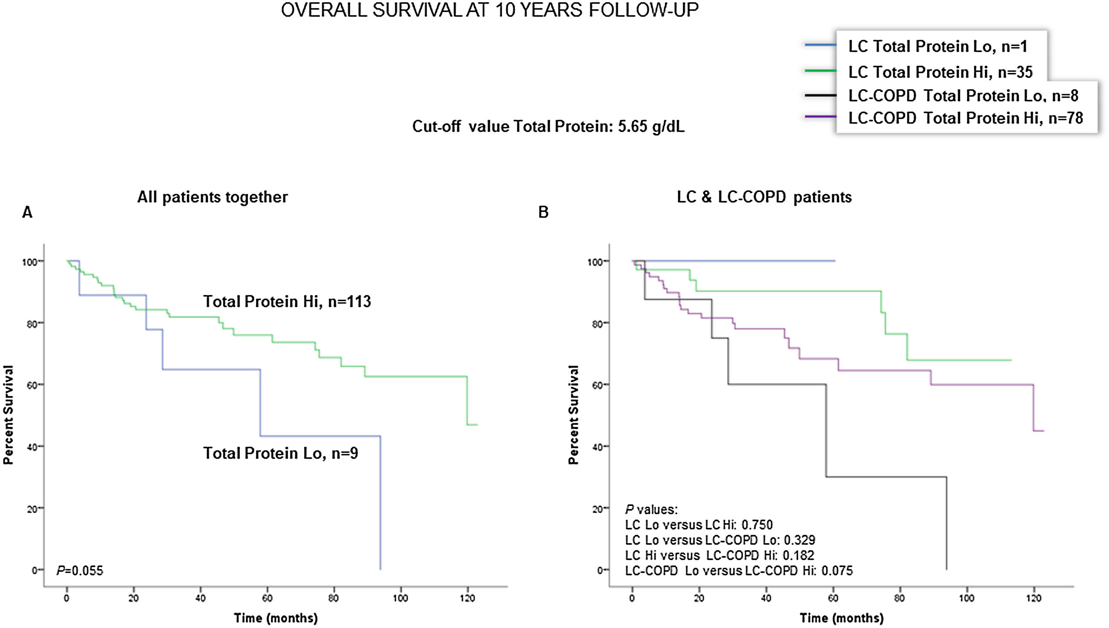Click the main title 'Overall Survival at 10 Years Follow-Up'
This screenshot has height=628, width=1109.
coord(489,10)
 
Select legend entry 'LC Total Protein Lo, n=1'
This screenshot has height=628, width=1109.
coord(937,46)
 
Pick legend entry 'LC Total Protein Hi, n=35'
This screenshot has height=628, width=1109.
coord(940,72)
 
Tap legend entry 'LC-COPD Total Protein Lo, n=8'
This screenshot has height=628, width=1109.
coord(963,96)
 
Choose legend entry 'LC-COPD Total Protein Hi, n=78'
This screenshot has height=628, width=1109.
coord(965,118)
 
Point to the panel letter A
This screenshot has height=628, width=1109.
coord(27,213)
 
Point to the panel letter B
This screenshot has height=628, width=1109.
coord(543,213)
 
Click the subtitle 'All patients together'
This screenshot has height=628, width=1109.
coord(212,197)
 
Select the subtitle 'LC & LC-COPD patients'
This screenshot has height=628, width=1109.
coord(764,197)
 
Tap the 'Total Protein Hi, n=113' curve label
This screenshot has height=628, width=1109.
coord(287,302)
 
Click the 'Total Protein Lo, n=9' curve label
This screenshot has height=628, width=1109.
coord(280,453)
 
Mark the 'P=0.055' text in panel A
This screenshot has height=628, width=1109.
coord(80,571)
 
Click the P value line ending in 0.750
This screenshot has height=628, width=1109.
coord(699,525)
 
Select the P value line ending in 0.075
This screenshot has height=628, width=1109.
coord(738,571)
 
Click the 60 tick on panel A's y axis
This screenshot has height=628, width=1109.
coord(31,385)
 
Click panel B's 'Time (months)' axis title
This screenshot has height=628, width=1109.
coord(841,618)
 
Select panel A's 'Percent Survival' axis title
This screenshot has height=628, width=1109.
coord(8,415)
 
